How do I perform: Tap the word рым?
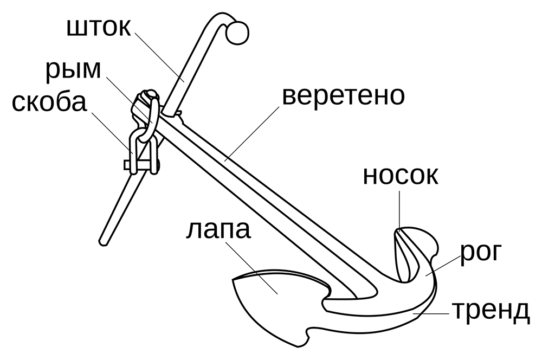tap(73, 69)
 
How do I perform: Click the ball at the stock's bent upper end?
tap(237, 33)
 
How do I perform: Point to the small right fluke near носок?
tap(415, 247)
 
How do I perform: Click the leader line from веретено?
tap(255, 131)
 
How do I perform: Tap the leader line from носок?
tap(399, 209)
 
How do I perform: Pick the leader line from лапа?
tap(249, 266)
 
